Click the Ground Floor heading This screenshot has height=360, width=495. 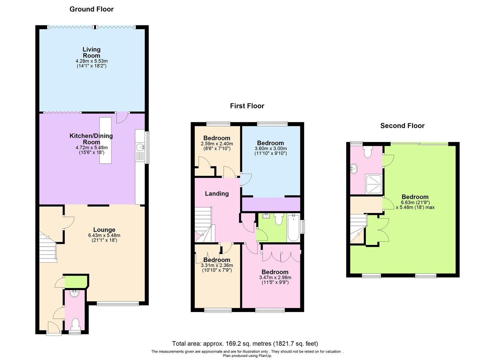pos(91,9)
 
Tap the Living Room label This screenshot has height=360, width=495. pos(91,52)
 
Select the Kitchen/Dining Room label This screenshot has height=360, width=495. pos(91,139)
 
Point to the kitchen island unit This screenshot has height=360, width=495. pos(105,140)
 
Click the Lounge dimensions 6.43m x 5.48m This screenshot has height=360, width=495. pos(104,235)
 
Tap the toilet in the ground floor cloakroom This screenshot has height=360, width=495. pos(75,324)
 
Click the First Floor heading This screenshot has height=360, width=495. pos(247,106)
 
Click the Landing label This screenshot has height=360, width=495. pos(217,194)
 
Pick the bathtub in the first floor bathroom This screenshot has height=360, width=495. pos(293,228)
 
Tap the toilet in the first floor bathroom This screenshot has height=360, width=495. pos(278,219)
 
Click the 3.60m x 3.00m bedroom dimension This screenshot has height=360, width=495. pos(270,149)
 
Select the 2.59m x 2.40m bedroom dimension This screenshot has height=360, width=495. pos(217,144)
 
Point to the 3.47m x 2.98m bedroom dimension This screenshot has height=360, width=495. pos(275,277)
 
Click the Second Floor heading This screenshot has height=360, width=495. pos(402,126)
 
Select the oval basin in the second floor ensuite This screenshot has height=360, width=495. pos(354,169)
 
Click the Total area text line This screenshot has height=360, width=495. pos(245,343)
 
